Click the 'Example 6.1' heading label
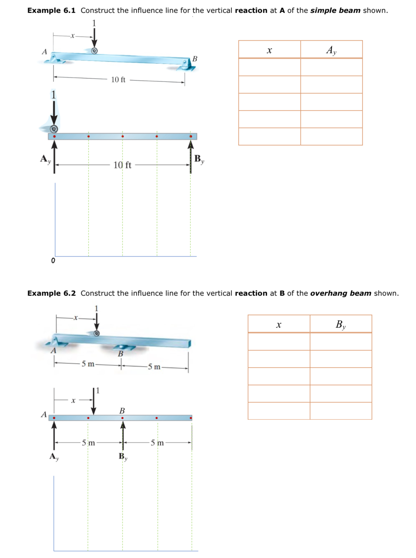coord(51,10)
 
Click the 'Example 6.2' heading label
coord(51,293)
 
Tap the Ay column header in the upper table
coord(331,50)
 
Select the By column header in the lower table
coord(340,324)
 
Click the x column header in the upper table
coord(269,50)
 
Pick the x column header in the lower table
coord(279,324)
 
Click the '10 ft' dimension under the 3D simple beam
coord(118,80)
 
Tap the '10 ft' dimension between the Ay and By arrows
coord(122,165)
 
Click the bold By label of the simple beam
coord(199,159)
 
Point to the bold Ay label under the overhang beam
coord(54,456)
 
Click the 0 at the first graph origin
coord(53,261)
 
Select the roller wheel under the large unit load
coord(54,129)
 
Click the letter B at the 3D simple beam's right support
coord(195,59)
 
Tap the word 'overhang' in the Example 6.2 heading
coord(324,293)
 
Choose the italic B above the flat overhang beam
coord(122,410)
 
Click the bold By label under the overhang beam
coord(123,456)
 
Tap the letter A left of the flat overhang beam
coord(44,414)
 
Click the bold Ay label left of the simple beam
coord(45,159)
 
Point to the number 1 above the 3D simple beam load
coord(94,23)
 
